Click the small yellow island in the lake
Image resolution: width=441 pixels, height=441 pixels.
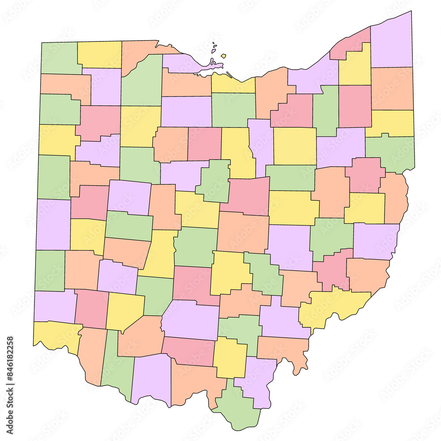click(224, 56)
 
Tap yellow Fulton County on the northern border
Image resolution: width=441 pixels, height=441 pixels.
click(99, 54)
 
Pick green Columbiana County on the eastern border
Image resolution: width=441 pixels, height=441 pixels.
click(390, 152)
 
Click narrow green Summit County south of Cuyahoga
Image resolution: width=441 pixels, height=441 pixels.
click(326, 110)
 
